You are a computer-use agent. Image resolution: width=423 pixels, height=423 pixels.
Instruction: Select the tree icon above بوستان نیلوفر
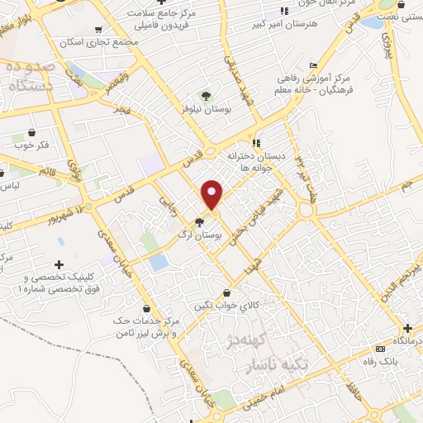[x=206, y=96]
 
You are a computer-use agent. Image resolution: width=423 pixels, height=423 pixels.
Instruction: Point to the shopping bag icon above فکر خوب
[x=32, y=132]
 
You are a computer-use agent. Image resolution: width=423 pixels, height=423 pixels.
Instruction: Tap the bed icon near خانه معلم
[x=312, y=66]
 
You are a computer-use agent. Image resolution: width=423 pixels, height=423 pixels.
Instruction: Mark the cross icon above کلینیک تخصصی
[x=58, y=264]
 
